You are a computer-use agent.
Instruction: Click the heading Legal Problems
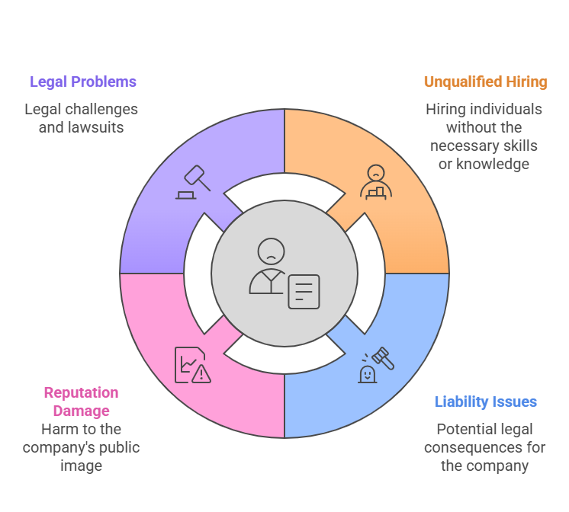pos(82,82)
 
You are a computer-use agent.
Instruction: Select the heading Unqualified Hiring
pos(485,82)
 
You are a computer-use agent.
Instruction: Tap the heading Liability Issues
pos(485,402)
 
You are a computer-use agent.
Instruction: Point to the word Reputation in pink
pos(81,393)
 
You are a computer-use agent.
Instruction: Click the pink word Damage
pos(81,411)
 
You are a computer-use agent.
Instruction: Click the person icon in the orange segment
pos(375,181)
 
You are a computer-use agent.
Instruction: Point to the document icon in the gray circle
pos(304,291)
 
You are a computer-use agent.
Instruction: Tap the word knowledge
pos(493,164)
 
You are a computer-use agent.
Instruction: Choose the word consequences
pos(484,447)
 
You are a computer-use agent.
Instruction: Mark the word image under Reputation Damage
pos(81,466)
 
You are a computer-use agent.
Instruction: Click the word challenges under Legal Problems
pos(100,109)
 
